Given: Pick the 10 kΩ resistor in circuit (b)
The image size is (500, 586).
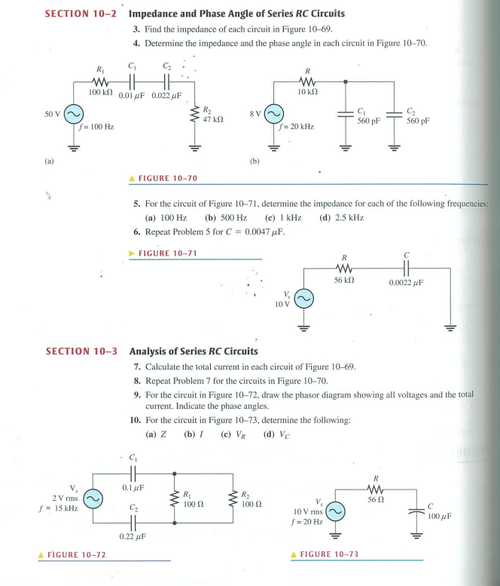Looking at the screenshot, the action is click(x=305, y=81).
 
